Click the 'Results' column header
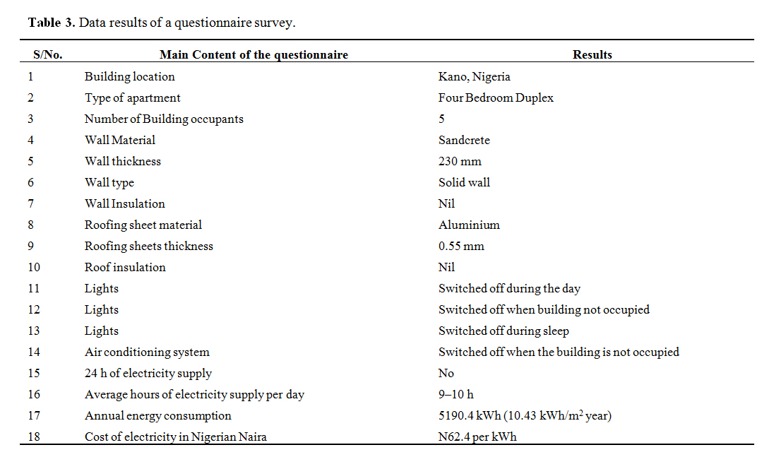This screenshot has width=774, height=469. tap(592, 54)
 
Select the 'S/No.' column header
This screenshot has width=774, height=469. tap(48, 54)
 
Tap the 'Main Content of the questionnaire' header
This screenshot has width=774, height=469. tap(254, 54)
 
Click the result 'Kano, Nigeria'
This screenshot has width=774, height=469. tap(474, 76)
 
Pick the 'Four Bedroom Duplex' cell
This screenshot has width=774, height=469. tap(496, 97)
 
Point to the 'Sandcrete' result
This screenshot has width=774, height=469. tap(464, 140)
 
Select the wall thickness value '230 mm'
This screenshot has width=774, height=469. tap(460, 161)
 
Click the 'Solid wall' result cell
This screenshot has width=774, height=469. tap(464, 182)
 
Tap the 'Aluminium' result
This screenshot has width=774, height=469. tap(469, 225)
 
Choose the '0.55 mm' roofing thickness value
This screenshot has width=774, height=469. tap(461, 246)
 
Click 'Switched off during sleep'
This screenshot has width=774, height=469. tap(504, 331)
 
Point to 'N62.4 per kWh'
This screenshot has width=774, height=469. tap(477, 437)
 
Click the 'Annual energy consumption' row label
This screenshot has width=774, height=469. tap(157, 415)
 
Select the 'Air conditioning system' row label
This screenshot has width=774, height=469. tap(147, 352)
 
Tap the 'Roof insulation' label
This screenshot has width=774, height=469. tap(125, 267)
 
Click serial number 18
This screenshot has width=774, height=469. tap(34, 437)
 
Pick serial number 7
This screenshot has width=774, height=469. tap(31, 203)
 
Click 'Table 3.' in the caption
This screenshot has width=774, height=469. tap(52, 23)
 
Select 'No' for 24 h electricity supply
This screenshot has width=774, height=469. tap(446, 373)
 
